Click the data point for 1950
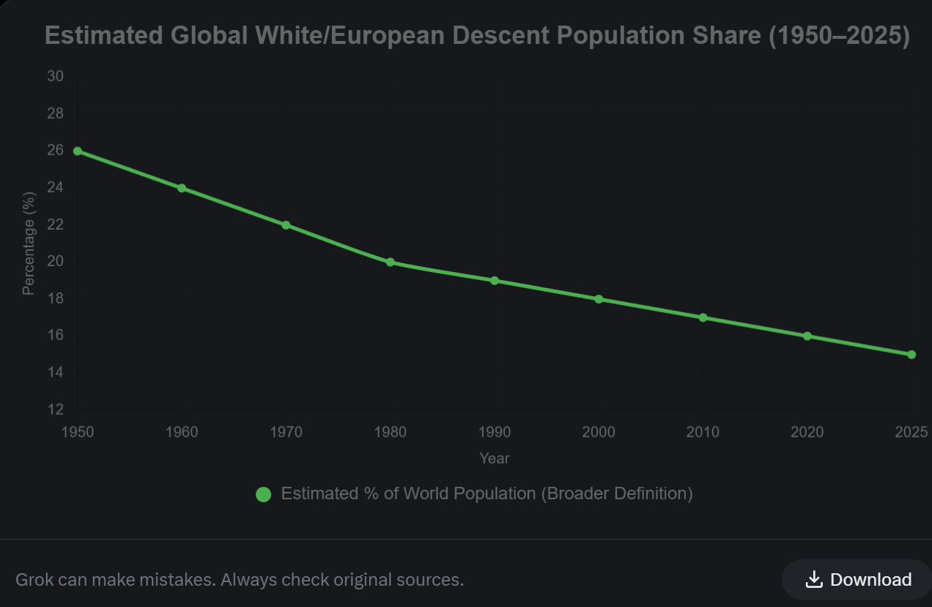click(78, 151)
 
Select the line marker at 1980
click(391, 262)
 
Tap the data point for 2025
click(911, 355)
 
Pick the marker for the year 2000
click(599, 299)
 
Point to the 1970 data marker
click(286, 225)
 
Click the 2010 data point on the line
click(703, 317)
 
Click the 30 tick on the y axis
click(56, 76)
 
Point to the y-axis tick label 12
click(56, 409)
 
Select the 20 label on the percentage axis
click(56, 262)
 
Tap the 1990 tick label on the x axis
click(495, 432)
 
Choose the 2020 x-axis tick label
click(807, 432)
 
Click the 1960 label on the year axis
click(182, 432)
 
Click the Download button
click(857, 580)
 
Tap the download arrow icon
click(813, 580)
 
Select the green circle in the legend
click(263, 495)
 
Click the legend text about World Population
click(487, 493)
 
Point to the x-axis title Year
click(495, 458)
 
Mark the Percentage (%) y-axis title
click(29, 243)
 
